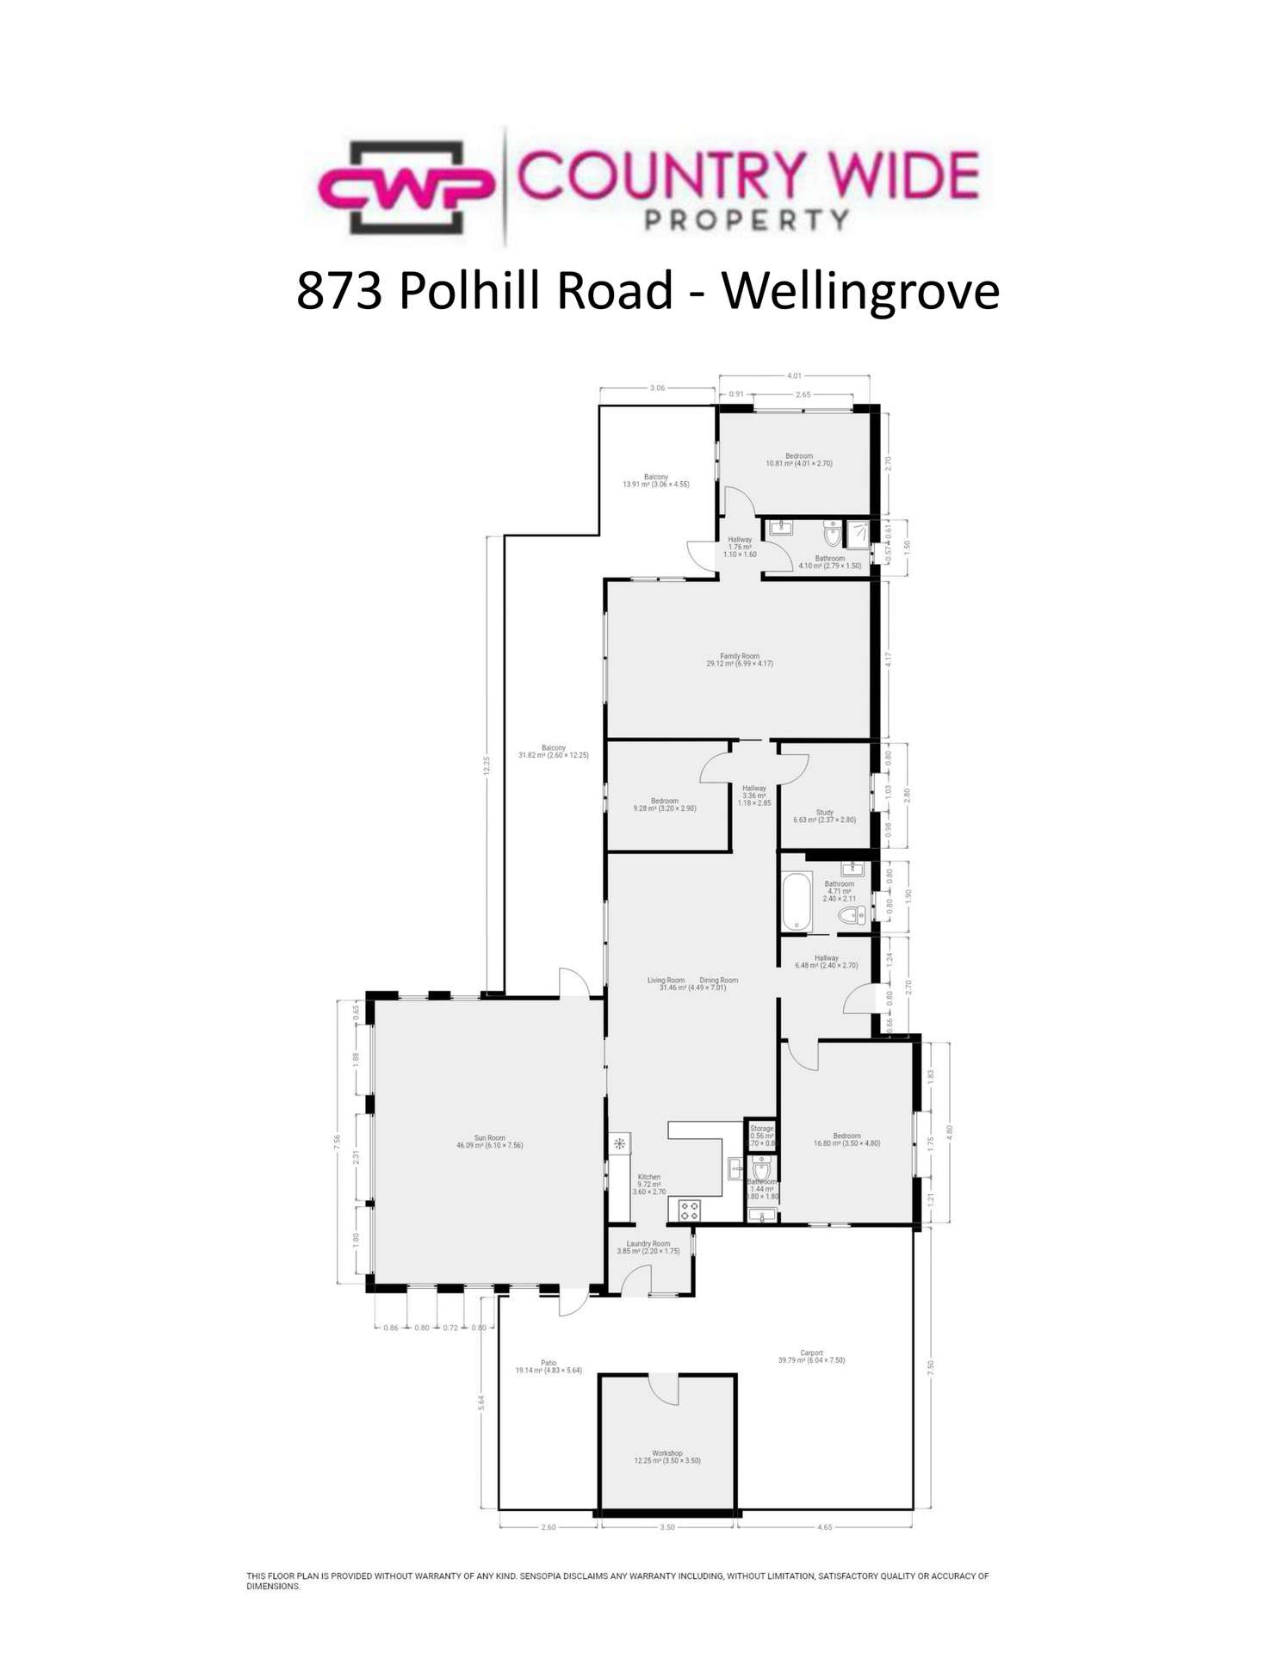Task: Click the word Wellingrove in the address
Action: [860, 291]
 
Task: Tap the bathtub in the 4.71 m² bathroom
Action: [797, 901]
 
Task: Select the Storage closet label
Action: [761, 1129]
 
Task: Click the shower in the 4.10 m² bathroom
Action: [859, 535]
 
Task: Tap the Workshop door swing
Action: [663, 1388]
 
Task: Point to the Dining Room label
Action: [718, 980]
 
